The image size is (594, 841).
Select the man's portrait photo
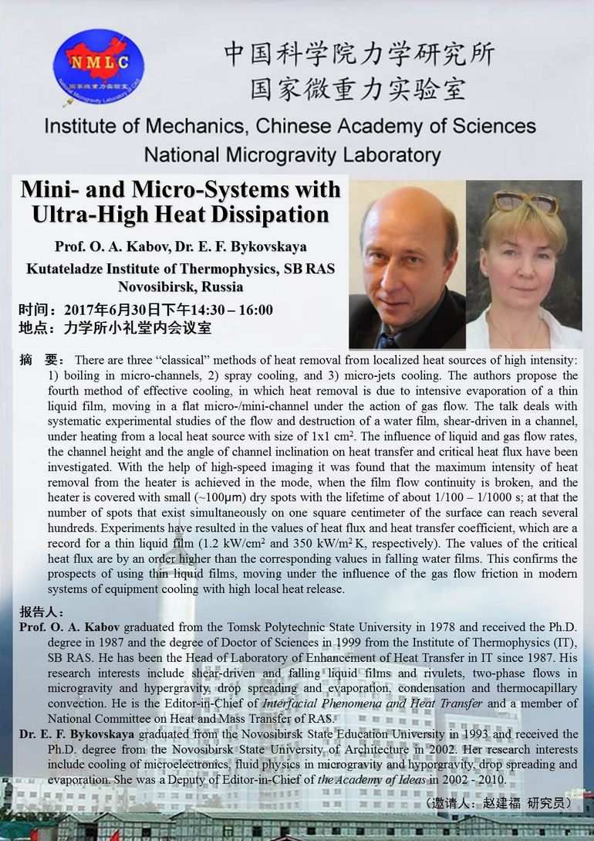click(407, 264)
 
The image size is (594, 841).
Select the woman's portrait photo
click(524, 264)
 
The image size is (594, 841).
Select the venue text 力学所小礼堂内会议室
click(137, 328)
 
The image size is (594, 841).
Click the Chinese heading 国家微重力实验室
click(358, 89)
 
